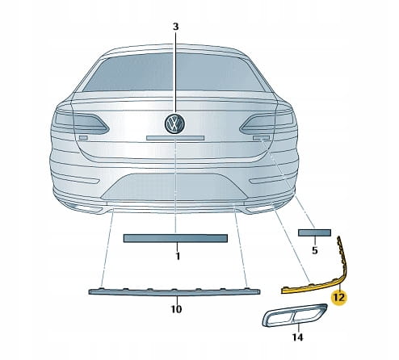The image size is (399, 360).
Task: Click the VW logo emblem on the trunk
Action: pyautogui.click(x=175, y=123)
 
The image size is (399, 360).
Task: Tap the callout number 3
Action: pyautogui.click(x=175, y=27)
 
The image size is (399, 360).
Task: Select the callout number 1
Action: pyautogui.click(x=178, y=256)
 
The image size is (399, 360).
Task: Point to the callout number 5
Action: pyautogui.click(x=315, y=250)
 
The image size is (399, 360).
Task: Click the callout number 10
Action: pyautogui.click(x=176, y=309)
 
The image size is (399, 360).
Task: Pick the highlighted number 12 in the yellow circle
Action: pyautogui.click(x=339, y=298)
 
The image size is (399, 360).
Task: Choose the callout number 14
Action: pyautogui.click(x=297, y=337)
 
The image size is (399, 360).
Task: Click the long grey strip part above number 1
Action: pyautogui.click(x=175, y=238)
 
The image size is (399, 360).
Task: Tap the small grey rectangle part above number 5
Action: pyautogui.click(x=314, y=232)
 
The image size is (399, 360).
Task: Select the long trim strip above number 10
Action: pyautogui.click(x=174, y=292)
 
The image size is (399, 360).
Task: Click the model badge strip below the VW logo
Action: pyautogui.click(x=175, y=138)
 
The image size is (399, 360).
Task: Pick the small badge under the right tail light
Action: pyautogui.click(x=261, y=138)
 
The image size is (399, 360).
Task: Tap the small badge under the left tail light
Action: pyautogui.click(x=83, y=138)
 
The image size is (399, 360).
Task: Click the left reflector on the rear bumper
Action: pyautogui.click(x=78, y=179)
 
